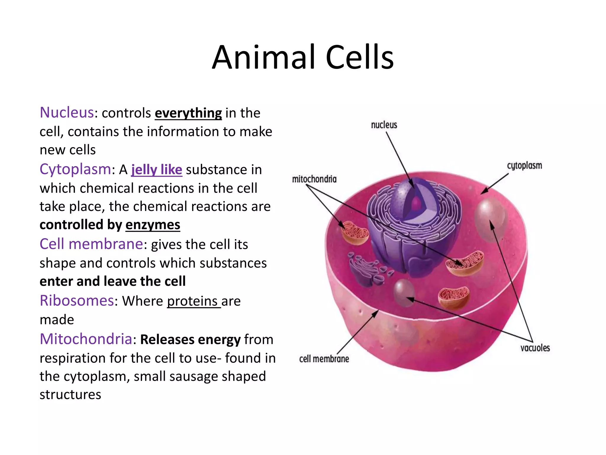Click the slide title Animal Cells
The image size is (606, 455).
[303, 57]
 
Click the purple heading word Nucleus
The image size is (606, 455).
[67, 113]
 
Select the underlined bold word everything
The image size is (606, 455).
[188, 113]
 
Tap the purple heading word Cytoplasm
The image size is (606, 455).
[75, 169]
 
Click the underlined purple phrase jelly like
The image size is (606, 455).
[157, 170]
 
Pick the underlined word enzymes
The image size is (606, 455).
[153, 225]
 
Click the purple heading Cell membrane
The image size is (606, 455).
[91, 244]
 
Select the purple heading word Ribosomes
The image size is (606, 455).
[77, 301]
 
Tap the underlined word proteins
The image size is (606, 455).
[193, 301]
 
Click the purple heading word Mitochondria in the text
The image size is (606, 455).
[86, 339]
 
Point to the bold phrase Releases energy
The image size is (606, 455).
[190, 339]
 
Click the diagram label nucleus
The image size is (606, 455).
[384, 125]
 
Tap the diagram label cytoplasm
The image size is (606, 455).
[524, 166]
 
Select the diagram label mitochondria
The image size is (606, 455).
[314, 179]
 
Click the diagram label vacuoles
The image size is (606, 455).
[535, 348]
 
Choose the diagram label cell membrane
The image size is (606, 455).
[324, 359]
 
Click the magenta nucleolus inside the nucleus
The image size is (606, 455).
[416, 203]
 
